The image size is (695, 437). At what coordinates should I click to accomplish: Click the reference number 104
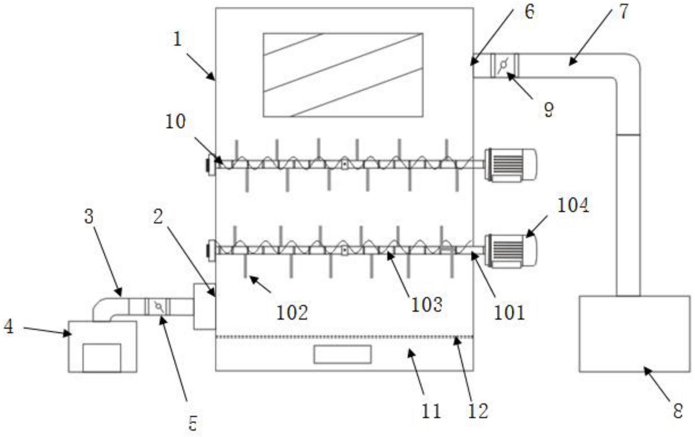573,206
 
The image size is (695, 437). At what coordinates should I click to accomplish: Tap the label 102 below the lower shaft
292,313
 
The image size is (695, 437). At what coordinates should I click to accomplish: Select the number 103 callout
426,305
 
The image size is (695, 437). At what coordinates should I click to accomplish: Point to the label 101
509,313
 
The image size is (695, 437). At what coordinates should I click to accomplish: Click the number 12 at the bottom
478,411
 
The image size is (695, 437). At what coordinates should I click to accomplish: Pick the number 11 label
431,411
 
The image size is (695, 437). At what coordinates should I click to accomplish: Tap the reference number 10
175,122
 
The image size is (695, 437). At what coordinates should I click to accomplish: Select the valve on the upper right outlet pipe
504,65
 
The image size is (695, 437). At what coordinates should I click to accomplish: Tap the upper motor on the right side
511,165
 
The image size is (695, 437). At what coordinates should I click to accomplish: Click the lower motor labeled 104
511,251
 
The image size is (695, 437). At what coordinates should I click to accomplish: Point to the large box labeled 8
634,333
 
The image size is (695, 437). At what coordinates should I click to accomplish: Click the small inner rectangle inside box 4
101,357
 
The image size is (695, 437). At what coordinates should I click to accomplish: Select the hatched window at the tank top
343,75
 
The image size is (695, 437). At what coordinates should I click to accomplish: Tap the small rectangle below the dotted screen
342,354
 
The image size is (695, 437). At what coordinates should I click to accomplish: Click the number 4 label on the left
9,326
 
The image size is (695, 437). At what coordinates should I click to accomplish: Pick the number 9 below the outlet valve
548,110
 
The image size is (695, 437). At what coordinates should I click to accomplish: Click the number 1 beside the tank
178,39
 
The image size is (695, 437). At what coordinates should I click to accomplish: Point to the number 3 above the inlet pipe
89,216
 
